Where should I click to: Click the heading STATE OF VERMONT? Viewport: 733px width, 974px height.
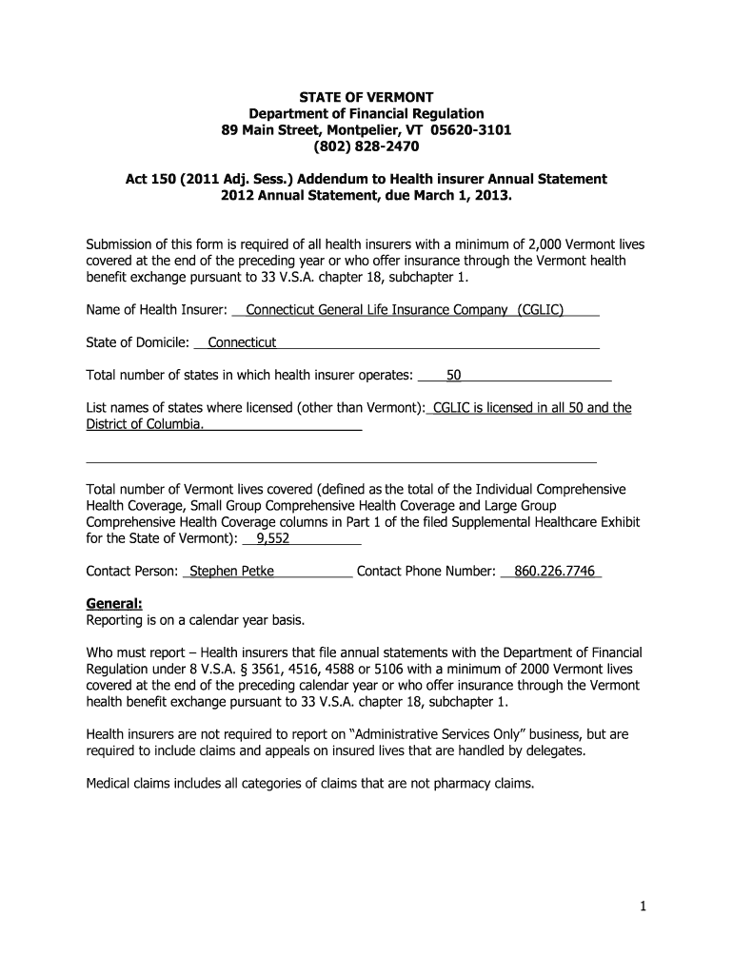point(366,97)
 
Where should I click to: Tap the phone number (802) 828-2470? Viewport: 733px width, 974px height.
point(366,146)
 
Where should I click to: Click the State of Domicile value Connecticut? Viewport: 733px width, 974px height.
point(242,342)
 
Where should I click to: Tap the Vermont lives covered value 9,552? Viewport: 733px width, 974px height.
point(267,538)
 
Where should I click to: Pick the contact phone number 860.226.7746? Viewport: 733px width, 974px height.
point(554,571)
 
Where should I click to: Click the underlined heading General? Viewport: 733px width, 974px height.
point(114,603)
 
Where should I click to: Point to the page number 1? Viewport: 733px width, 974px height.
point(643,907)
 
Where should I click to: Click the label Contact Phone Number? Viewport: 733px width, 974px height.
point(426,571)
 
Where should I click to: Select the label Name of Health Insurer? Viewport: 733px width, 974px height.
point(156,310)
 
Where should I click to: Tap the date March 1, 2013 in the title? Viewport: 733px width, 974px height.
point(463,194)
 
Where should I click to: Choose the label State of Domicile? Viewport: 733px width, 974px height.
point(137,342)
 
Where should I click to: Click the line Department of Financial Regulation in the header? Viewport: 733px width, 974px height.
point(366,113)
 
